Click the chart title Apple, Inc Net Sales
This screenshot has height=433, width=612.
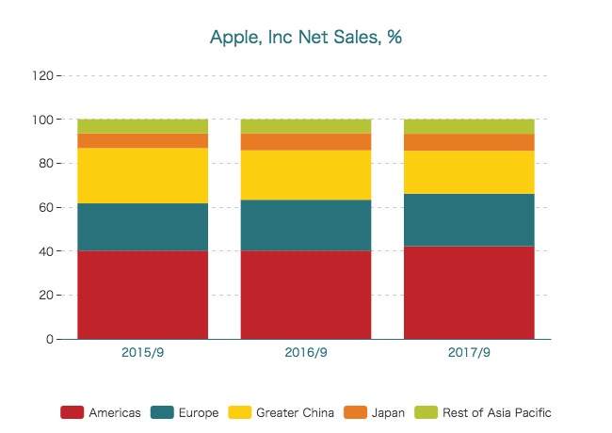pos(306,38)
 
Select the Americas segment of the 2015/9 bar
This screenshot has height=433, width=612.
pos(142,294)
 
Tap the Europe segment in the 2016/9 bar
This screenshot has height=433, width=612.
pos(306,225)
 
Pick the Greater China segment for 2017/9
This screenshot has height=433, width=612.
pos(469,172)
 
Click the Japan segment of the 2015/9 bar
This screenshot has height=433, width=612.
pos(142,140)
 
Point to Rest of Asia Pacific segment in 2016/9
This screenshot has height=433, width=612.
pos(306,126)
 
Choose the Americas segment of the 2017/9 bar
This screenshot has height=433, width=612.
pos(469,292)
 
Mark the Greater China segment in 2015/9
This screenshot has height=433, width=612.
pos(142,175)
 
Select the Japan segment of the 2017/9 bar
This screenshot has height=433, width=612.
pos(469,142)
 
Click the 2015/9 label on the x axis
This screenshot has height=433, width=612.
pos(142,354)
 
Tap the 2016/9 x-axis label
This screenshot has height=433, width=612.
pos(306,354)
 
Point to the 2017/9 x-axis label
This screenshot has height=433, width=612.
pos(469,354)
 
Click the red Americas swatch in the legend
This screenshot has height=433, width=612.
pos(72,412)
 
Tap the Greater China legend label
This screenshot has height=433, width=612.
pos(295,412)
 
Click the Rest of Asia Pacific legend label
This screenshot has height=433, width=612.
pos(497,412)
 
